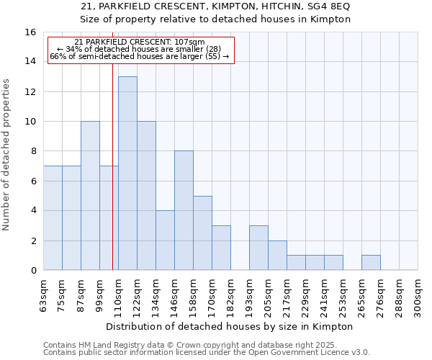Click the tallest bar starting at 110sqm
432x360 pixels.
tap(127, 173)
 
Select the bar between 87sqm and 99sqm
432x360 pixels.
tap(90, 196)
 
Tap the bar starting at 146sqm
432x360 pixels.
tap(184, 210)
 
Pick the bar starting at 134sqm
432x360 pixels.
tap(165, 240)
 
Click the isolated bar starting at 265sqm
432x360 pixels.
tap(371, 263)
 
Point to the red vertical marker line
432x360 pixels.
tap(112, 180)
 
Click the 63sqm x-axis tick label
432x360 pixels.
tap(44, 296)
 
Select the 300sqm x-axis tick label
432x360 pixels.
tap(418, 296)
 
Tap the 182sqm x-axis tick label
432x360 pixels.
tap(231, 296)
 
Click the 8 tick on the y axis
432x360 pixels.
tap(32, 151)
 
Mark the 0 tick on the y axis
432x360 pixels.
tap(32, 270)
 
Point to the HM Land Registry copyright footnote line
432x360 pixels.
tap(190, 346)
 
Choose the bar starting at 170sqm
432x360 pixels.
tap(221, 248)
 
